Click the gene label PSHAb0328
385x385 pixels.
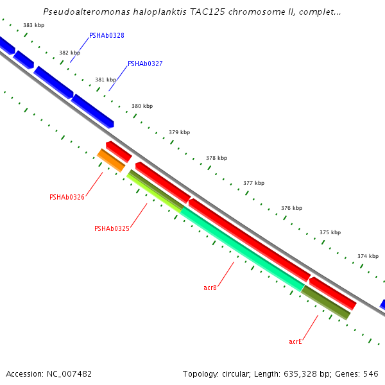(107, 36)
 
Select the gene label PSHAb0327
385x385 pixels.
(145, 64)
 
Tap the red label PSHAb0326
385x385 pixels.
(67, 198)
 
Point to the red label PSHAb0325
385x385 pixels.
(112, 229)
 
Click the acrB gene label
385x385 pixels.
(210, 288)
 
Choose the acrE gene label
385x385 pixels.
(295, 342)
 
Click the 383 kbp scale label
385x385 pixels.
(33, 26)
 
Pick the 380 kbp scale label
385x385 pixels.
(142, 107)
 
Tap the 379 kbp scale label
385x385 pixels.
(180, 133)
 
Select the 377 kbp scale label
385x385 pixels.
(253, 184)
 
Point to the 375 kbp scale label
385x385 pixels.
(330, 233)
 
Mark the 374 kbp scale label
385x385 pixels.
(368, 256)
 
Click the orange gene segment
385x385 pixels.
(111, 160)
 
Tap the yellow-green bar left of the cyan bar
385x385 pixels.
(154, 191)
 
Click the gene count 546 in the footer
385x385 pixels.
(371, 373)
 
